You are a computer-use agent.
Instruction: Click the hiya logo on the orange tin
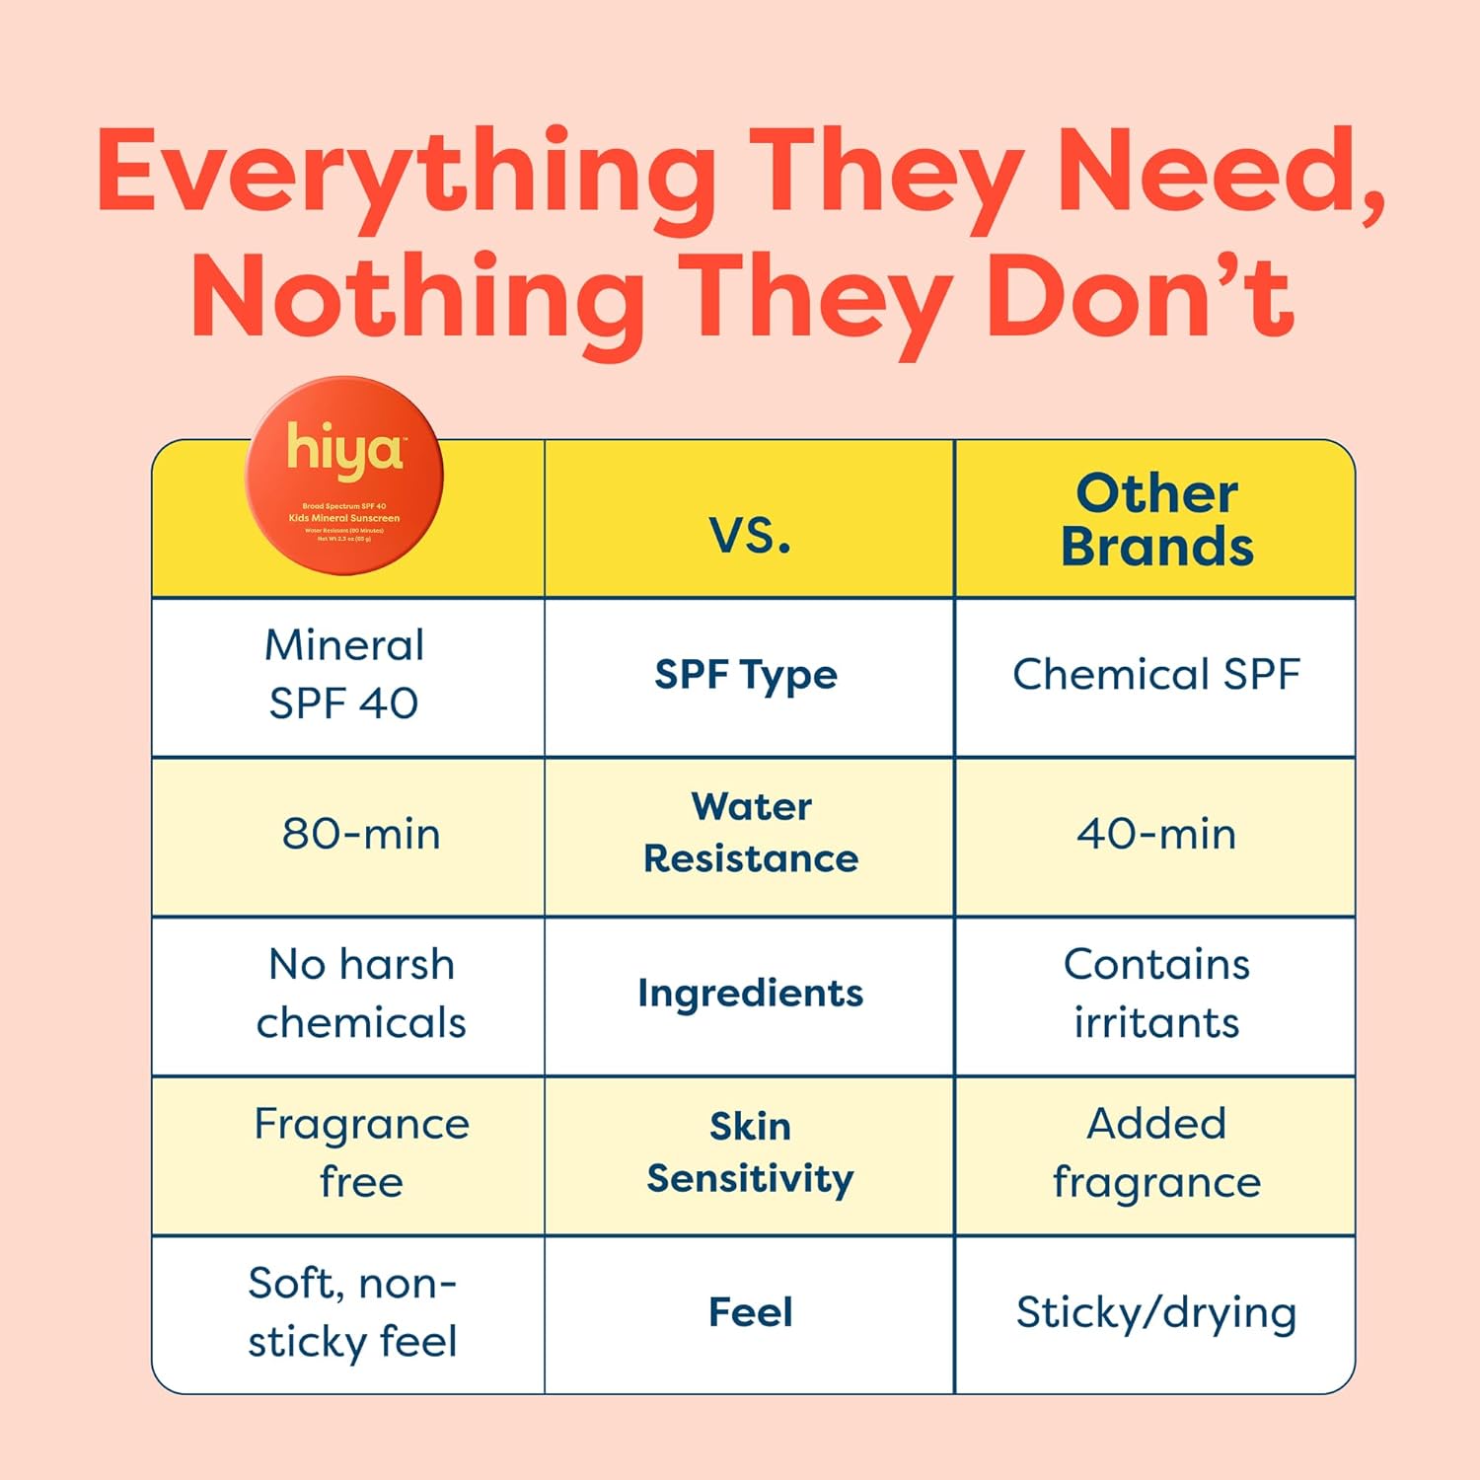(344, 450)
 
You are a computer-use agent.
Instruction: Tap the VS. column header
(750, 536)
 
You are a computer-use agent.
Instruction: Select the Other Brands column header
(1156, 520)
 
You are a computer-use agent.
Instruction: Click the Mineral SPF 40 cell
(344, 674)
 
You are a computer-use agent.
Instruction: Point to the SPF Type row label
(746, 676)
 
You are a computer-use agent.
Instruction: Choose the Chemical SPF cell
(1156, 675)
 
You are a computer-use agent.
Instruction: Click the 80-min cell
(361, 834)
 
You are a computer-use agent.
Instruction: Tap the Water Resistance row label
(751, 833)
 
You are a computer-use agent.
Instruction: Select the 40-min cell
(1156, 834)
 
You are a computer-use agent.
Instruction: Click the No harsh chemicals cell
(361, 994)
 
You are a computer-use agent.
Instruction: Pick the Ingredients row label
(750, 994)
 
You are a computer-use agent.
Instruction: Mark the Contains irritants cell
(1156, 994)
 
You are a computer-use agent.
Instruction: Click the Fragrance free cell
(361, 1152)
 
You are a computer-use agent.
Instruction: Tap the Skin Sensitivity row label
(750, 1152)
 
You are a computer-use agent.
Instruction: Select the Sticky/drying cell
(1156, 1313)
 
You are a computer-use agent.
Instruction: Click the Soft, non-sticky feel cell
(352, 1312)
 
